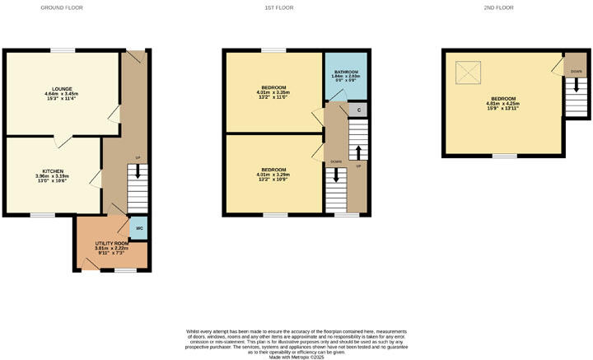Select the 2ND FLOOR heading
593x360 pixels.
tap(499, 7)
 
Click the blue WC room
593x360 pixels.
tap(139, 228)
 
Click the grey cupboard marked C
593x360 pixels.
tap(357, 110)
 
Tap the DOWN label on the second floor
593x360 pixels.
tap(575, 72)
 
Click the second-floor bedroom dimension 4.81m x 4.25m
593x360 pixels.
tap(505, 104)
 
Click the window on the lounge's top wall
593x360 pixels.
tap(62, 50)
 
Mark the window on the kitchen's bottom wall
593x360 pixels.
tap(42, 215)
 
